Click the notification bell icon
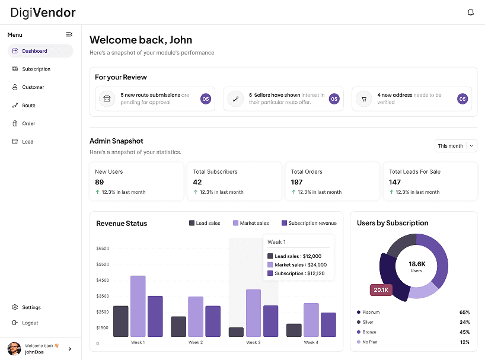pyautogui.click(x=471, y=12)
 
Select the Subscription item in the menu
pyautogui.click(x=36, y=69)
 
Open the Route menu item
pyautogui.click(x=28, y=106)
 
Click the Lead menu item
pyautogui.click(x=28, y=142)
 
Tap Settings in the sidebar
pyautogui.click(x=31, y=307)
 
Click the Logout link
pyautogui.click(x=30, y=323)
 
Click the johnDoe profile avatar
pyautogui.click(x=14, y=349)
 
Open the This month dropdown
pyautogui.click(x=455, y=146)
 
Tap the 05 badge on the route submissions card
pyautogui.click(x=206, y=99)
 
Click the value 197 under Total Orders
pyautogui.click(x=296, y=182)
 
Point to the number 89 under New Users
pyautogui.click(x=100, y=182)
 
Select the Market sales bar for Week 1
pyautogui.click(x=138, y=306)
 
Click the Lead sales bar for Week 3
pyautogui.click(x=237, y=332)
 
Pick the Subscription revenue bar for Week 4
pyautogui.click(x=328, y=324)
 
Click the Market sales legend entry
pyautogui.click(x=250, y=224)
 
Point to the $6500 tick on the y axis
pyautogui.click(x=102, y=248)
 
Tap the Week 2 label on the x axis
pyautogui.click(x=196, y=343)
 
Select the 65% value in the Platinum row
pyautogui.click(x=464, y=312)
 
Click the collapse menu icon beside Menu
pyautogui.click(x=69, y=34)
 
